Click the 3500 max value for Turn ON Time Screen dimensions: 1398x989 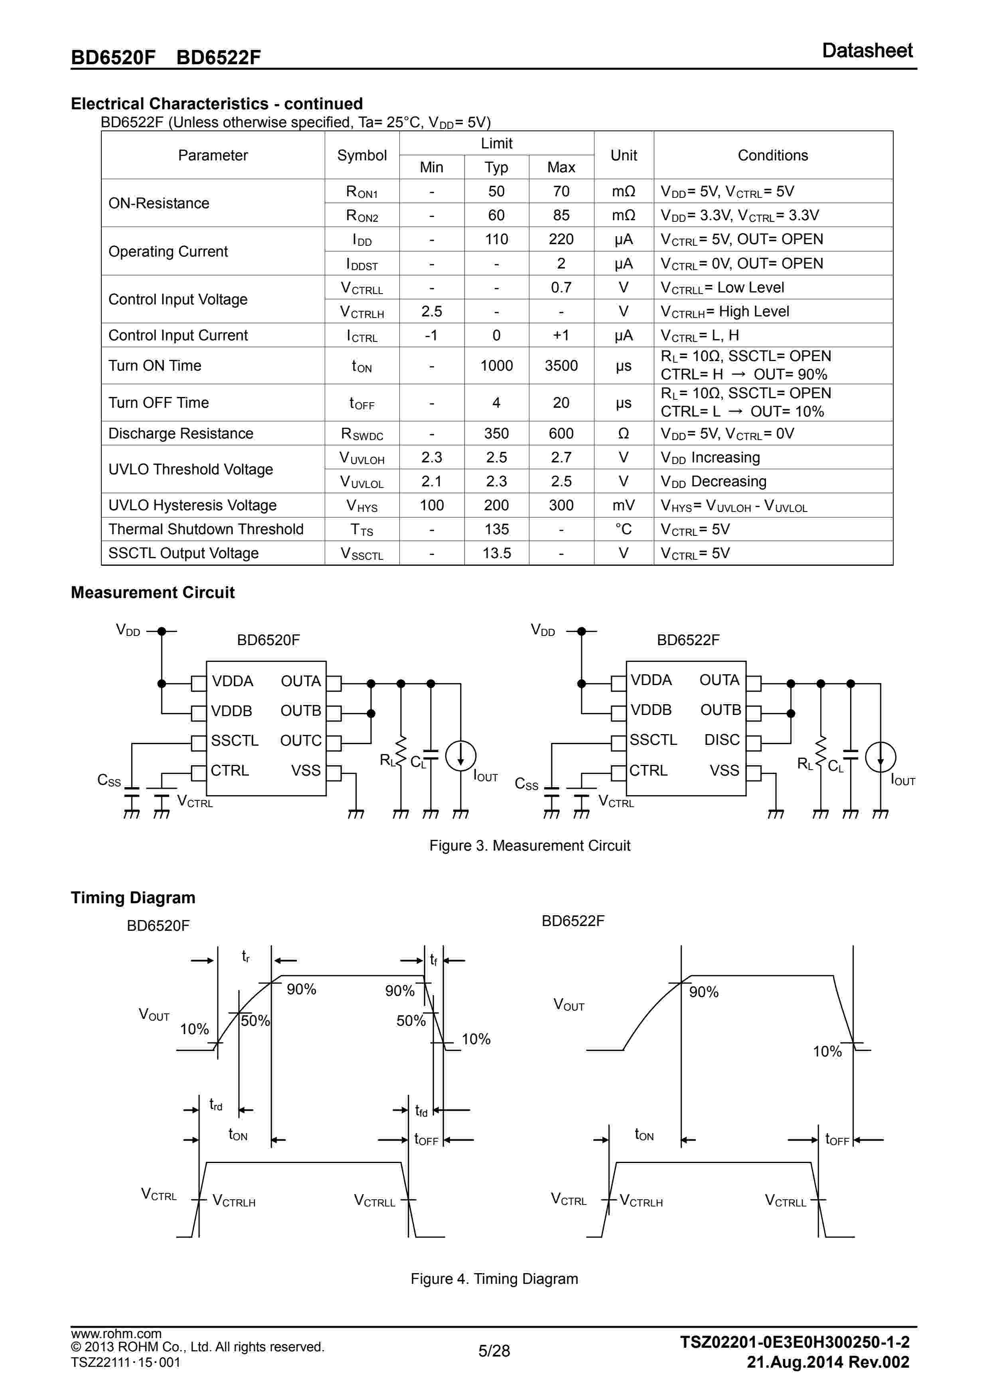click(561, 366)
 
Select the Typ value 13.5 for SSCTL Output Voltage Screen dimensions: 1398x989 click(496, 553)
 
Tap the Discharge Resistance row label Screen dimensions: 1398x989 click(180, 434)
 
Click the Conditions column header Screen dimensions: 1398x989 click(772, 155)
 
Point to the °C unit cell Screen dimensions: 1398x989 click(623, 529)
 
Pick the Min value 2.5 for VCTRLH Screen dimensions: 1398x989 click(431, 312)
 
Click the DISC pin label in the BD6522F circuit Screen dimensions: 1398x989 click(722, 740)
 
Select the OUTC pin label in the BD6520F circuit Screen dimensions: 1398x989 click(300, 740)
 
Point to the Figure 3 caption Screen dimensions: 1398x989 click(529, 846)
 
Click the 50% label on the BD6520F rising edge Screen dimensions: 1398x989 click(255, 1021)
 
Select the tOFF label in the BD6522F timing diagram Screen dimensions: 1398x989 click(837, 1139)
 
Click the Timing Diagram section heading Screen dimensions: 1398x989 click(133, 898)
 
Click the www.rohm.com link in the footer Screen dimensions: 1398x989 click(116, 1333)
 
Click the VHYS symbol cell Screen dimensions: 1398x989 click(362, 506)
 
